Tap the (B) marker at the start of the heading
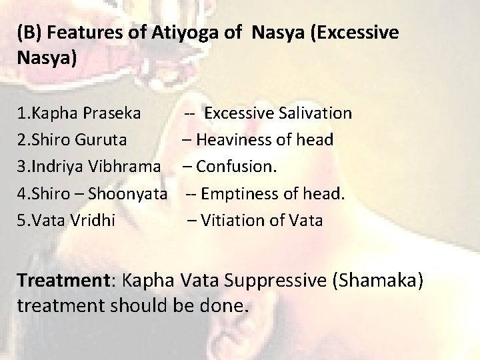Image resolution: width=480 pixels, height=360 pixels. [x=30, y=33]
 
